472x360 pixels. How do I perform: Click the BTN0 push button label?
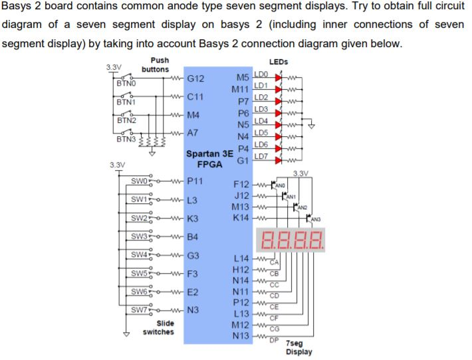(x=126, y=84)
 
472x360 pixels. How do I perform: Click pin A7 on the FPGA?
(x=193, y=133)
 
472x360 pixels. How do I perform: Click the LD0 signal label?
(x=261, y=74)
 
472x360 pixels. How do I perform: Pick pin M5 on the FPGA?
(x=241, y=78)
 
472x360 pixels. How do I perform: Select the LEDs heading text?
(x=279, y=62)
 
